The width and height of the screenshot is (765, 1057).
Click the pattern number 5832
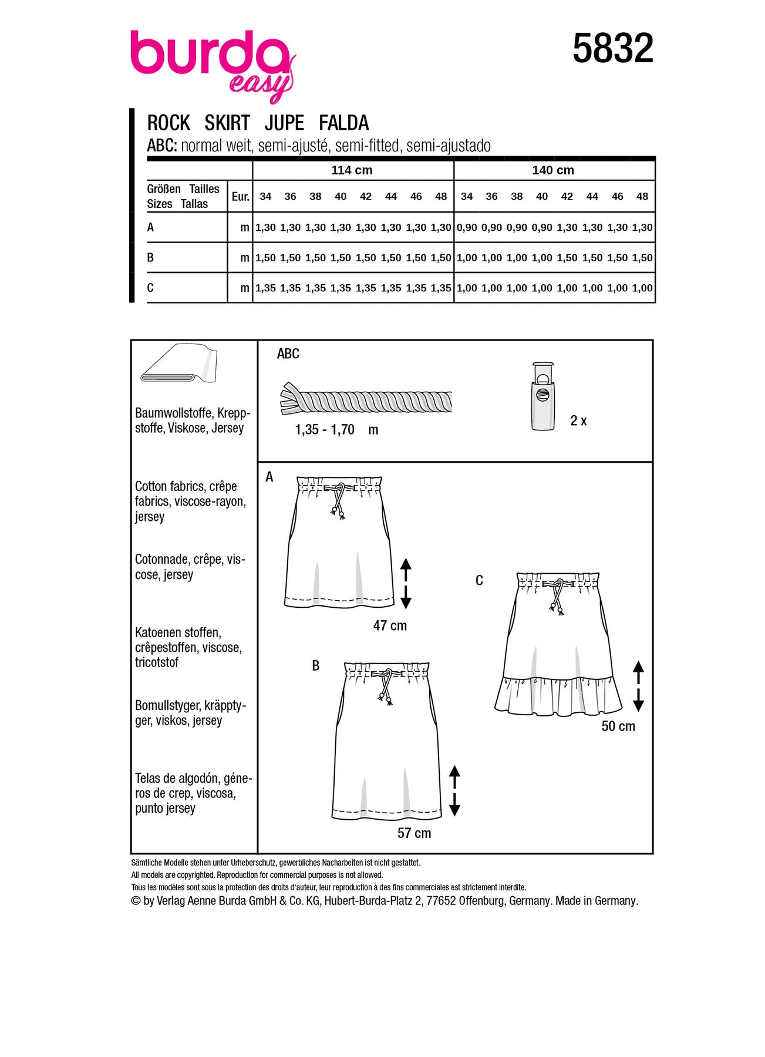(x=612, y=48)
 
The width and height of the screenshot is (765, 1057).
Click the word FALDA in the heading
(x=343, y=123)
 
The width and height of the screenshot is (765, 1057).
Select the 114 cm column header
(x=352, y=170)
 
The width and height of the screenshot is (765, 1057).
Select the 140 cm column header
(x=553, y=170)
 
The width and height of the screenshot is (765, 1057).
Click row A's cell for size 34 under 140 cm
(x=467, y=228)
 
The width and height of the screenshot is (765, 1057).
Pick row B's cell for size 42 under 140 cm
(x=567, y=258)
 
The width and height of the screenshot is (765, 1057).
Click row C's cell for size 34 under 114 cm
(x=265, y=288)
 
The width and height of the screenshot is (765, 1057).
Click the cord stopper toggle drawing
(x=542, y=396)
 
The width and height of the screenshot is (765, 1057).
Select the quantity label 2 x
(x=578, y=420)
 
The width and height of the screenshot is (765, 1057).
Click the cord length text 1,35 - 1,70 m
(x=336, y=430)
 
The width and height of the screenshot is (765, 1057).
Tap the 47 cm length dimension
(x=390, y=626)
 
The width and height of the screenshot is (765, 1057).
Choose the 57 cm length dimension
(x=414, y=833)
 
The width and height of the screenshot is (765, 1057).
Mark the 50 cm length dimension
(x=618, y=726)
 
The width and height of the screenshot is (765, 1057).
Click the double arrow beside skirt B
(x=454, y=790)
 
